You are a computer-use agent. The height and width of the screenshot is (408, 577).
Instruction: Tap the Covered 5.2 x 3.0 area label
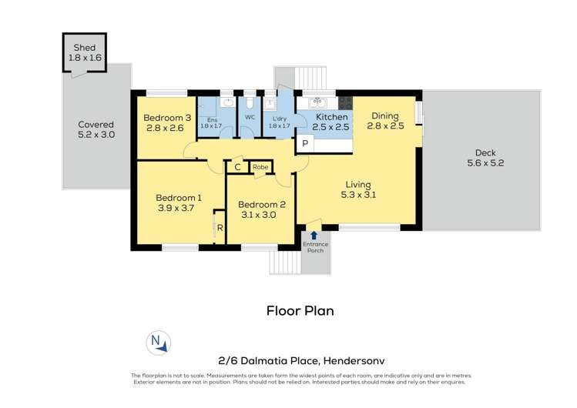pyautogui.click(x=96, y=129)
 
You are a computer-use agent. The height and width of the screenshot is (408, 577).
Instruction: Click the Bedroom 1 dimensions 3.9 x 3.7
pyautogui.click(x=178, y=208)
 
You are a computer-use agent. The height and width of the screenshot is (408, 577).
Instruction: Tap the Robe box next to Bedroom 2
pyautogui.click(x=260, y=167)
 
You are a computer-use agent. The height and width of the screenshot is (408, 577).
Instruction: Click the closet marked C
pyautogui.click(x=237, y=167)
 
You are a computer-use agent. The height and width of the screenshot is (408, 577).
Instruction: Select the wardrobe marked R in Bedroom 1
pyautogui.click(x=220, y=228)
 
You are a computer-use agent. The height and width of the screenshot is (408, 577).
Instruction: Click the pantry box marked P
pyautogui.click(x=305, y=144)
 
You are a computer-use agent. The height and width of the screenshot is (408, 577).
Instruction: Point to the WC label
pyautogui.click(x=250, y=117)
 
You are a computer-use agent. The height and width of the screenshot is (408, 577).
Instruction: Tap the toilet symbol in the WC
pyautogui.click(x=250, y=102)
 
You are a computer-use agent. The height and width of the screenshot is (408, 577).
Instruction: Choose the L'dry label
pyautogui.click(x=279, y=117)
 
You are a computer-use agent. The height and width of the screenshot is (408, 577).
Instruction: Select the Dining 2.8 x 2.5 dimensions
pyautogui.click(x=385, y=126)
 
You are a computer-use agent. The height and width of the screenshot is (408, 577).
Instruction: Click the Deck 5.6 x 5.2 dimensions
pyautogui.click(x=485, y=162)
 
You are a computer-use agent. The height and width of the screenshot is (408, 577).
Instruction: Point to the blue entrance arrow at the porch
pyautogui.click(x=314, y=235)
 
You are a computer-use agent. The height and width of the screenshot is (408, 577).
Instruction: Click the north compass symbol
pyautogui.click(x=158, y=342)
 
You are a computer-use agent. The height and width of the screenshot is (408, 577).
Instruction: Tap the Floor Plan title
pyautogui.click(x=300, y=311)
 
